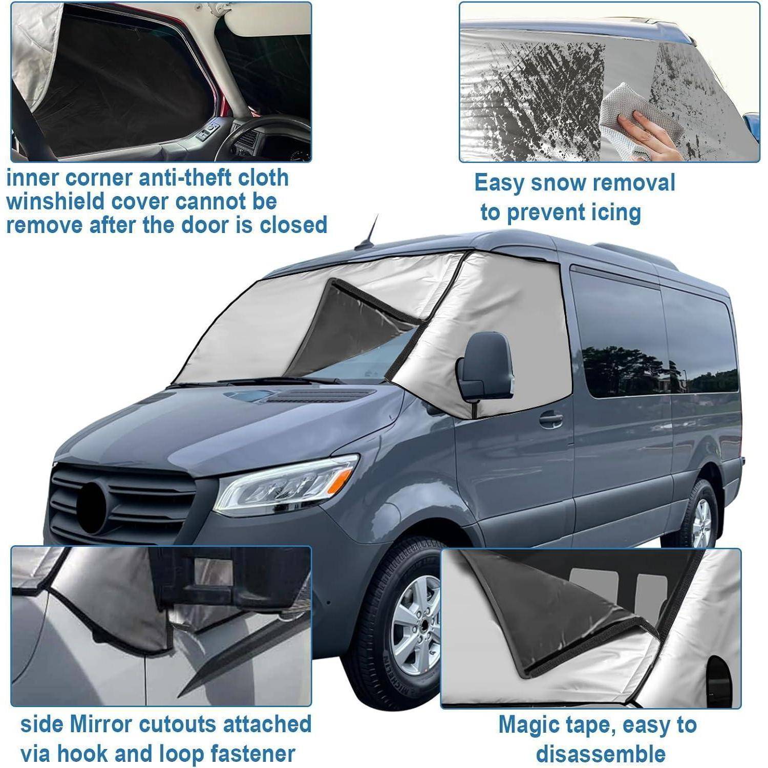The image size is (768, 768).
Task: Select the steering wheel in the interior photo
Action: point(256,136)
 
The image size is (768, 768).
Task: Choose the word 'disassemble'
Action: point(601,754)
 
